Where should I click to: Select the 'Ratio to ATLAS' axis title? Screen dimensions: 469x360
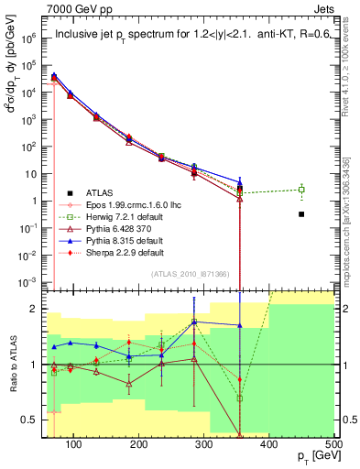coord(12,365)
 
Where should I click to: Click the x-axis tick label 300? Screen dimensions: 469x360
coord(269,445)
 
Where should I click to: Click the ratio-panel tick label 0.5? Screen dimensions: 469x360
coord(34,420)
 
